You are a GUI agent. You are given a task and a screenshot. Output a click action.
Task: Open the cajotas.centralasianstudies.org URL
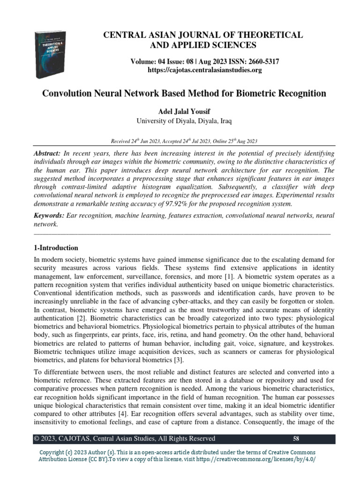(198, 70)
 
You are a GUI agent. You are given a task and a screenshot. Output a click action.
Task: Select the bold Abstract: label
(48, 154)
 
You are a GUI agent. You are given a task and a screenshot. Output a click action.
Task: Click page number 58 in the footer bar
(296, 439)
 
